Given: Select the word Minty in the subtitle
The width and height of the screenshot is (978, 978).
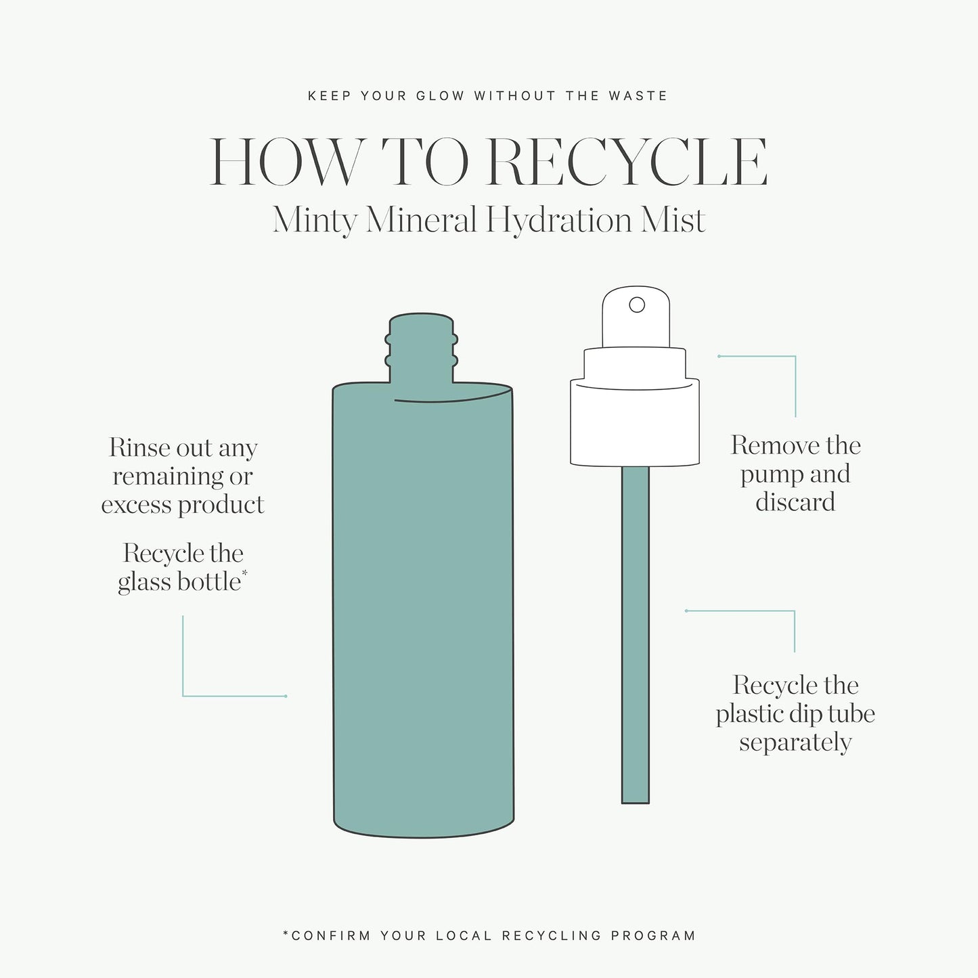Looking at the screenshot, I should [x=314, y=221].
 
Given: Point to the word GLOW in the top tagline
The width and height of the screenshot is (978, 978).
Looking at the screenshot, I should [x=440, y=96].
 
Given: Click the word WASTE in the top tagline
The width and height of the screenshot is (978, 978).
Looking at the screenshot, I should [x=638, y=96].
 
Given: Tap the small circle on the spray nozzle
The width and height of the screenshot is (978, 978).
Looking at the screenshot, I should [x=637, y=305].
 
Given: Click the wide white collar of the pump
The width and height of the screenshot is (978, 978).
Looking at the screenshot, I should [x=635, y=423].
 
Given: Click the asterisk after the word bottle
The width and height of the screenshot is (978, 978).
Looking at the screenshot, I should [x=244, y=575].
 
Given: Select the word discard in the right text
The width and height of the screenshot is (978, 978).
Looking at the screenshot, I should [x=795, y=502].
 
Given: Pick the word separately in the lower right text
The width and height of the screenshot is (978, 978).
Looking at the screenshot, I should [x=795, y=743].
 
